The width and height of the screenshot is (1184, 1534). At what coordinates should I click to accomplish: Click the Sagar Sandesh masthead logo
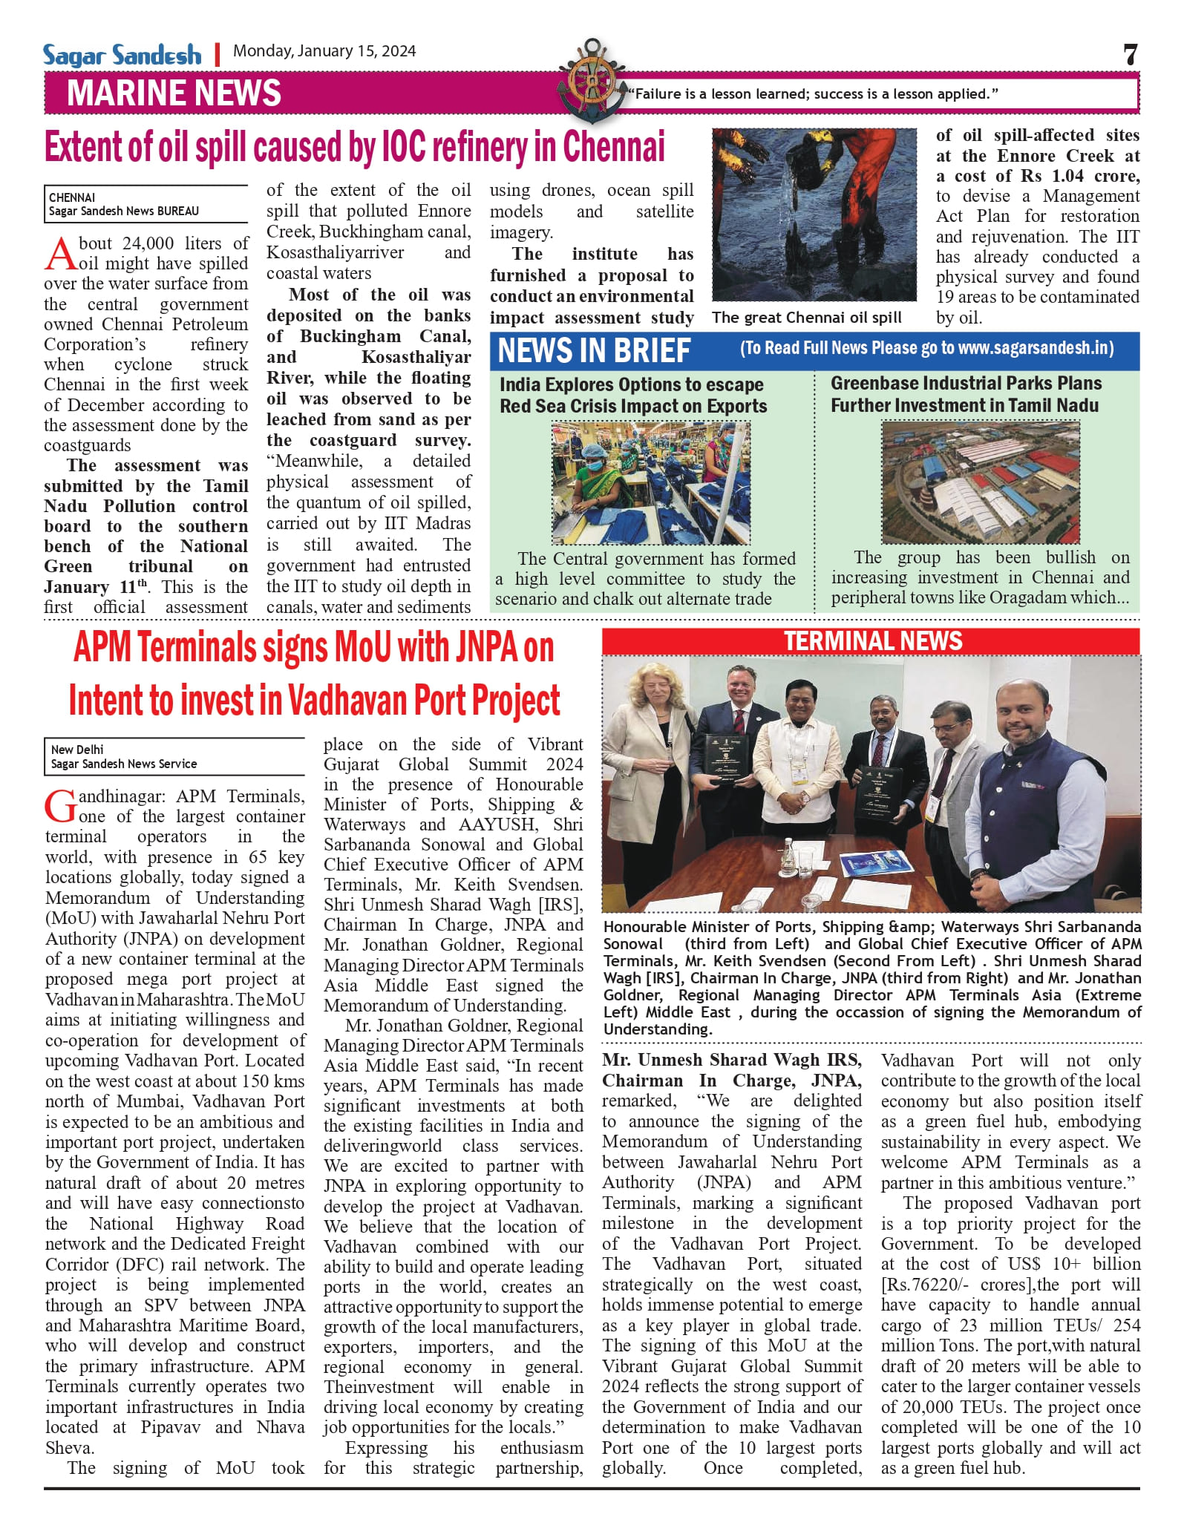pos(122,55)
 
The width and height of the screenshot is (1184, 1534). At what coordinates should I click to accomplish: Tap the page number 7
pos(1130,54)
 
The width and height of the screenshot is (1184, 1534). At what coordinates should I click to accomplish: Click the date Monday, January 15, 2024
pos(324,51)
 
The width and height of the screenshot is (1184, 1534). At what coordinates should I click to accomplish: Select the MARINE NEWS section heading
pos(174,94)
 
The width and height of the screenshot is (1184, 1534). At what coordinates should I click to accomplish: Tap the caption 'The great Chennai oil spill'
pos(806,318)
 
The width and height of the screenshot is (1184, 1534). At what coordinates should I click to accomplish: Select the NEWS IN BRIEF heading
pos(594,350)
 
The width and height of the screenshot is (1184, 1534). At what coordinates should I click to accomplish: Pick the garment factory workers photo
pos(650,482)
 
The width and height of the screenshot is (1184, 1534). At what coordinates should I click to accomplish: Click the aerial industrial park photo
pos(980,482)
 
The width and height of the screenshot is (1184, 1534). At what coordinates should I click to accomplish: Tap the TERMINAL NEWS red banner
pos(871,641)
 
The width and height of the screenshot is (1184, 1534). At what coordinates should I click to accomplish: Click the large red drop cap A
pos(61,255)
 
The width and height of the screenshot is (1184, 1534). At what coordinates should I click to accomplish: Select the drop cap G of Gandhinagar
pos(60,807)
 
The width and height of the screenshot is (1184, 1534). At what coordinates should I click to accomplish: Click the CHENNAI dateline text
pos(72,197)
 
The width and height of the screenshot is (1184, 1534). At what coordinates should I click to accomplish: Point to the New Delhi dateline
pos(77,750)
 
